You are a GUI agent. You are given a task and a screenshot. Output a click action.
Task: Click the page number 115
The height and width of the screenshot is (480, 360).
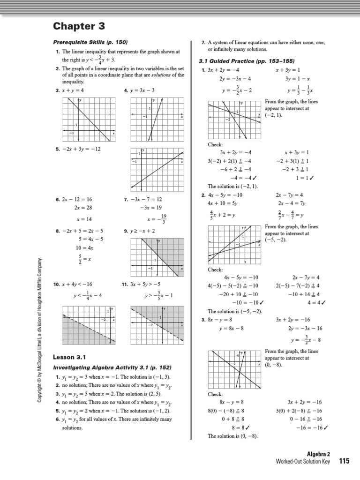(x=345, y=461)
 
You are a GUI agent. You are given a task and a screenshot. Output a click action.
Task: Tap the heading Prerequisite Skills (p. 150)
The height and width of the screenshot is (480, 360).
(x=90, y=42)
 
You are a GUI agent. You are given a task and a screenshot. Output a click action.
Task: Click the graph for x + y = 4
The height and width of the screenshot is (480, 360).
(x=88, y=119)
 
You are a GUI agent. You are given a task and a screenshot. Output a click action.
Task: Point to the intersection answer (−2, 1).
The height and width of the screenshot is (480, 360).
(x=274, y=115)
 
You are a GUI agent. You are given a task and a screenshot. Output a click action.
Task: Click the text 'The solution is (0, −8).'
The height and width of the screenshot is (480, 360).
(x=232, y=436)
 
